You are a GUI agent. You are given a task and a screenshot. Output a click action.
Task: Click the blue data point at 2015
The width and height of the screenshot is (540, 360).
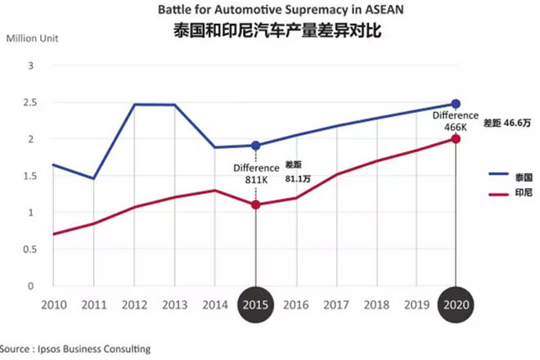[256, 146]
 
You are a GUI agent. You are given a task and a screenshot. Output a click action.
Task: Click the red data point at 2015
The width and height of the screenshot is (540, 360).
[256, 205]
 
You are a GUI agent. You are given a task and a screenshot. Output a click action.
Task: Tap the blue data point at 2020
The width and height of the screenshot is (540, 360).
[456, 104]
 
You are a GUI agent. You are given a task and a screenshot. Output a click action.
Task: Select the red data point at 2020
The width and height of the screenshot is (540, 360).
[456, 139]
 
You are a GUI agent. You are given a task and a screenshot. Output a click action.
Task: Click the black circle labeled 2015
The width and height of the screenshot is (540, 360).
[256, 304]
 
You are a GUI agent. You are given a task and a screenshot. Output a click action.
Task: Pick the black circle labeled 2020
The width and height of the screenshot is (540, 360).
[456, 304]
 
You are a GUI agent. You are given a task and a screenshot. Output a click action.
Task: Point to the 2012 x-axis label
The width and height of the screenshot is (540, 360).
[134, 304]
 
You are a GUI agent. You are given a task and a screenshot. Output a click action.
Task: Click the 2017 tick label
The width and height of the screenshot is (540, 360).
[336, 304]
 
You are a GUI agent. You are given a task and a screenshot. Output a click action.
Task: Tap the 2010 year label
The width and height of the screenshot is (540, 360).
[53, 304]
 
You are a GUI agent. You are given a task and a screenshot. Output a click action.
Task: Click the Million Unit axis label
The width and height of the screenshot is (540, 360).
[33, 38]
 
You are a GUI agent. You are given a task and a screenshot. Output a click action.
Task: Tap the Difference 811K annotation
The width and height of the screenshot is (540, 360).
[256, 173]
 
